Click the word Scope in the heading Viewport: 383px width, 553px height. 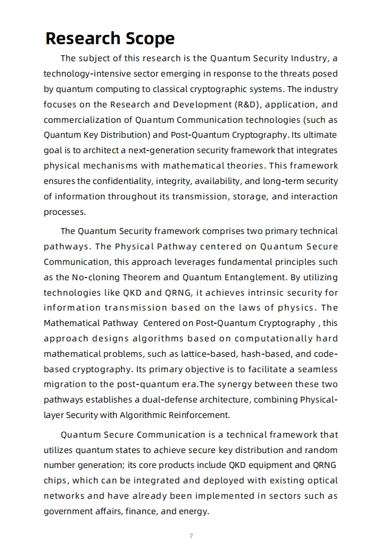pos(149,39)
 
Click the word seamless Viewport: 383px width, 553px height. pos(318,370)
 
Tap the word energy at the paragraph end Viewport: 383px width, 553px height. pos(196,512)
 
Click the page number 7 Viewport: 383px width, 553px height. pos(191,536)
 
